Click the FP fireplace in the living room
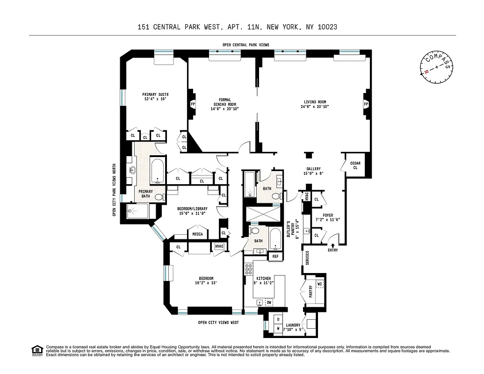click(x=366, y=104)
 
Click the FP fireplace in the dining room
click(x=192, y=104)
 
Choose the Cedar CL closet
click(x=355, y=165)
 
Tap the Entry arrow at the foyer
click(x=332, y=245)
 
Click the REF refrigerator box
click(x=275, y=256)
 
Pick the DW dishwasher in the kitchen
click(x=269, y=302)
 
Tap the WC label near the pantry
click(x=320, y=284)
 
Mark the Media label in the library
click(x=198, y=234)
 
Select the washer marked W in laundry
click(x=278, y=328)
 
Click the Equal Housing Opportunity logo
click(x=36, y=350)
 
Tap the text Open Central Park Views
click(x=246, y=45)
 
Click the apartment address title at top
click(x=238, y=27)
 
